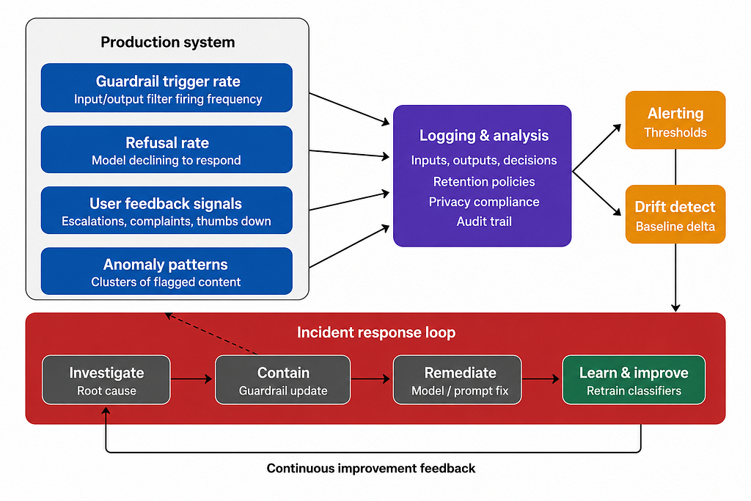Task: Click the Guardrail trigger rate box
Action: pyautogui.click(x=166, y=87)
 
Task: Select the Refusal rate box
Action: pyautogui.click(x=166, y=150)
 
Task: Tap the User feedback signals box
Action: pyautogui.click(x=166, y=211)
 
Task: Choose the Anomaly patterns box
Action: pyautogui.click(x=166, y=271)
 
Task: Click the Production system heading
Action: pyautogui.click(x=168, y=42)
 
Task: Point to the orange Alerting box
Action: pyautogui.click(x=675, y=120)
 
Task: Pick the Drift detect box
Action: pyautogui.click(x=675, y=214)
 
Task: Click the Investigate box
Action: pyautogui.click(x=106, y=380)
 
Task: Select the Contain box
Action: pyautogui.click(x=283, y=380)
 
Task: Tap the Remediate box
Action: pyautogui.click(x=458, y=380)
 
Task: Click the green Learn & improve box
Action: pyautogui.click(x=634, y=380)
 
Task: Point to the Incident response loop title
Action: pyautogui.click(x=376, y=332)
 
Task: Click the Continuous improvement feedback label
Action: pyautogui.click(x=371, y=468)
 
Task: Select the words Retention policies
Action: pyautogui.click(x=484, y=181)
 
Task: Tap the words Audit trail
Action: pyautogui.click(x=484, y=222)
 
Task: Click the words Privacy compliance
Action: pyautogui.click(x=484, y=202)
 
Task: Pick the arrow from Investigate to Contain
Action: pyautogui.click(x=192, y=379)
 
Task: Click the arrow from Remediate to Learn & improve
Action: pyautogui.click(x=541, y=379)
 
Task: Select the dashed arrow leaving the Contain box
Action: pyautogui.click(x=210, y=334)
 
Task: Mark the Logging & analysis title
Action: pyautogui.click(x=484, y=136)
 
